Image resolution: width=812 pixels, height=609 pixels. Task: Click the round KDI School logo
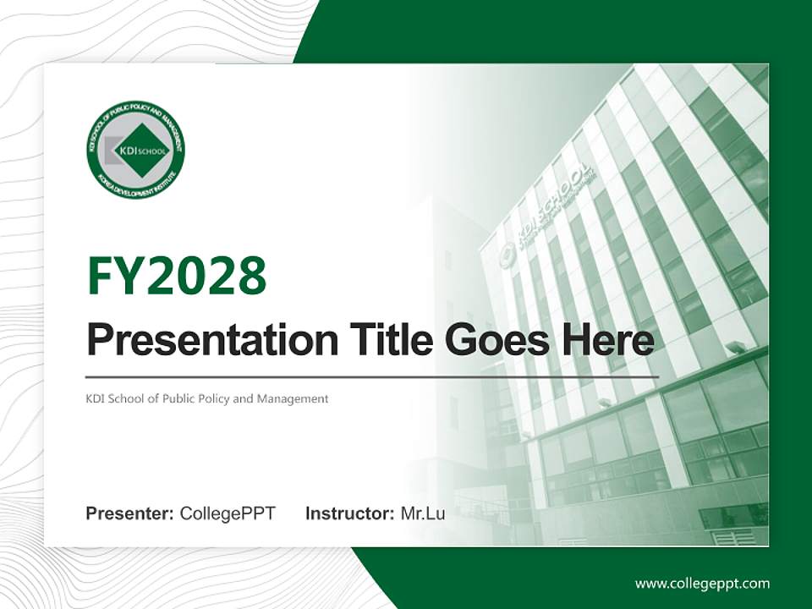pos(135,150)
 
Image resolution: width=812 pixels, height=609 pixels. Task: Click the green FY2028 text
pos(177,275)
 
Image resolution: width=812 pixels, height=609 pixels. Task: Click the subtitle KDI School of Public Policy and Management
pos(207,398)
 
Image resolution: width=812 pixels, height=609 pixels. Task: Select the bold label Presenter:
pos(130,513)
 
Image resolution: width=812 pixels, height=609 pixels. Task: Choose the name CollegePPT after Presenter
pos(228,513)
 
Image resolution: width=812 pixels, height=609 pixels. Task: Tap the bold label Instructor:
pos(349,513)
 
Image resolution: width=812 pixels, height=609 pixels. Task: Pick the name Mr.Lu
pos(423,513)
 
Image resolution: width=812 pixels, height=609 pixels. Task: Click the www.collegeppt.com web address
pos(702,584)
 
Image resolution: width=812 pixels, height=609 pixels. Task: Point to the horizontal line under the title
pos(372,376)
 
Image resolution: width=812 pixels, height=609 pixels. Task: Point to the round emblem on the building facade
pos(507,255)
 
